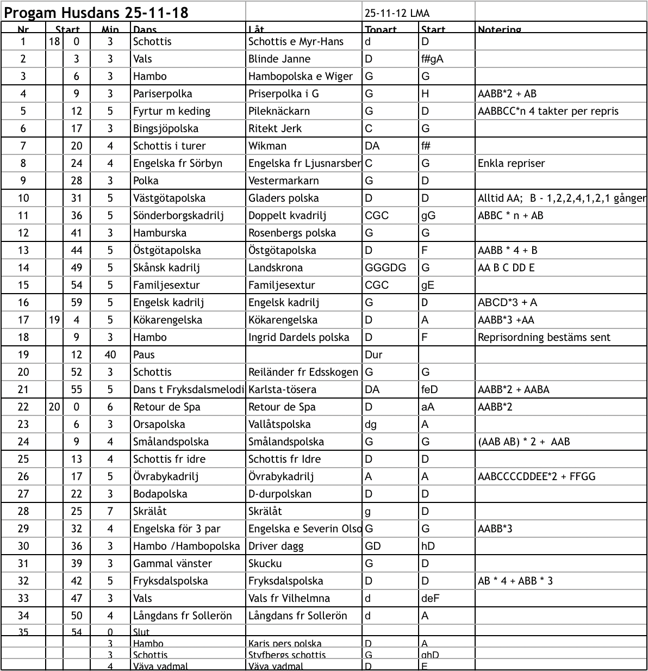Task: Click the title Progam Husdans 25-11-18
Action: [96, 13]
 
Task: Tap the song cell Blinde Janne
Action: [279, 59]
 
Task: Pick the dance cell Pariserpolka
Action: [163, 94]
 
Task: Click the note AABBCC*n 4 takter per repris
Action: [548, 111]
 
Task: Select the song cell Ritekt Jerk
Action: [275, 128]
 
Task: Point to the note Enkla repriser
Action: [511, 163]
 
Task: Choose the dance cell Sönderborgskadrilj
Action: [178, 215]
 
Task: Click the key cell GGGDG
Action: [385, 268]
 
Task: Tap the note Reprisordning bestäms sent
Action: [544, 337]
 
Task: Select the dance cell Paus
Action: [144, 355]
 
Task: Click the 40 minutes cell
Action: [110, 355]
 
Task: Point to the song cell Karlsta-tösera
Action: [282, 389]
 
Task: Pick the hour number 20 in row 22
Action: [54, 407]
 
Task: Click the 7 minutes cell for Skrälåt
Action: [110, 511]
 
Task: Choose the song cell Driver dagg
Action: [276, 546]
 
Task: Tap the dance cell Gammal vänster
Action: [172, 563]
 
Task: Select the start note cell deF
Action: [430, 598]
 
